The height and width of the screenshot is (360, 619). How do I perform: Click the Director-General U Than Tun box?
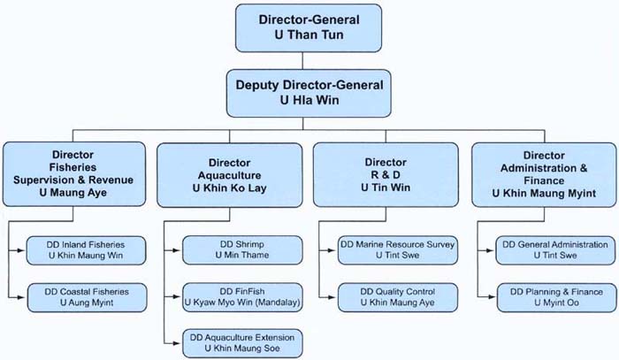(x=302, y=27)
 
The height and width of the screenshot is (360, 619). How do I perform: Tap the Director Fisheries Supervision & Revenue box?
(x=74, y=173)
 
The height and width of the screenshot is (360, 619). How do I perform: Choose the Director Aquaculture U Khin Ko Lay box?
(x=230, y=173)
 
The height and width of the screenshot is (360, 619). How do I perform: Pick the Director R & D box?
(x=386, y=173)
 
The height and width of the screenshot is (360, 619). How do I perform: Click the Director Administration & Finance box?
(x=542, y=173)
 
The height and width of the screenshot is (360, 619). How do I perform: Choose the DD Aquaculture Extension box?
(x=241, y=342)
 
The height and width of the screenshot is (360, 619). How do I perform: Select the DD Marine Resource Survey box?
(x=397, y=250)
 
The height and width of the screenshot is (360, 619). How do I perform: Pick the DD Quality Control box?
(x=397, y=298)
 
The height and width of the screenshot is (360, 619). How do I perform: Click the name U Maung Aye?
(x=74, y=193)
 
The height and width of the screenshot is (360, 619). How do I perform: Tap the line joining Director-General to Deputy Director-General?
(x=302, y=60)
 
